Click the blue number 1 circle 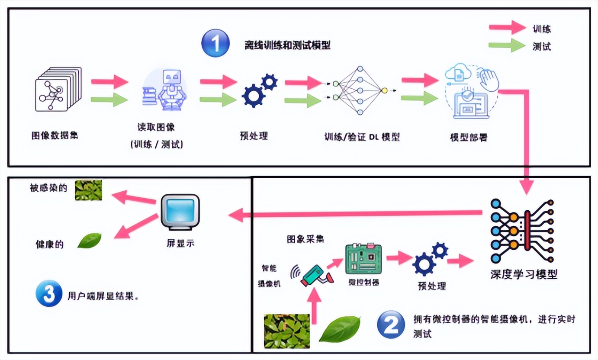click(215, 43)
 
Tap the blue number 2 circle click(391, 325)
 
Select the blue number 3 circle click(48, 294)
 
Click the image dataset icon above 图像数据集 click(58, 89)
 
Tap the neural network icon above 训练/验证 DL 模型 click(359, 90)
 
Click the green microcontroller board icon click(363, 259)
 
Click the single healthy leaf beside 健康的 click(90, 241)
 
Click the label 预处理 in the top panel click(254, 136)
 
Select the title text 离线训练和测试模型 click(287, 45)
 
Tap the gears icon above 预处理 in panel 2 click(429, 258)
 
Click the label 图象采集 click(305, 239)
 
